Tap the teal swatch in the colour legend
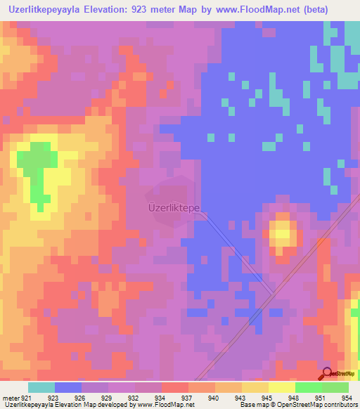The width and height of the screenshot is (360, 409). point(41,387)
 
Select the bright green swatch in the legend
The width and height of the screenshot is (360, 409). point(308,387)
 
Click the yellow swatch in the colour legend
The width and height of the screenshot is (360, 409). point(281,387)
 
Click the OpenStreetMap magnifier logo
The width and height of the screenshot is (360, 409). point(328,374)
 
